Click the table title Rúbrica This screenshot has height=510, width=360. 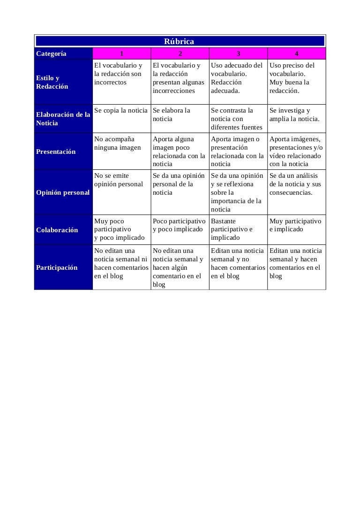click(x=179, y=42)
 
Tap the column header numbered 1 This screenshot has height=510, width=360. click(x=121, y=53)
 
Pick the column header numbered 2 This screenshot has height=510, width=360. click(x=180, y=53)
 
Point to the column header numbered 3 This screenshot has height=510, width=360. click(x=238, y=53)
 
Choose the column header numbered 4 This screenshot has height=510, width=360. click(x=296, y=53)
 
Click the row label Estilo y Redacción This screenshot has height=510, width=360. click(x=52, y=82)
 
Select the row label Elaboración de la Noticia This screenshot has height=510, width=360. click(x=63, y=119)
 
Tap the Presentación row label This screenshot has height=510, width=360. click(x=56, y=152)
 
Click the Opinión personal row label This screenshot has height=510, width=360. click(x=63, y=192)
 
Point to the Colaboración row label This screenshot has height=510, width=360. click(x=57, y=230)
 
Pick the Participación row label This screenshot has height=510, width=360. click(x=57, y=267)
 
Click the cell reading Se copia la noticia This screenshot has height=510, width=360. click(x=121, y=111)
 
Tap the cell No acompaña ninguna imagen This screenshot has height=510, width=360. click(x=118, y=143)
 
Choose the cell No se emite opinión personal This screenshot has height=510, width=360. click(x=119, y=180)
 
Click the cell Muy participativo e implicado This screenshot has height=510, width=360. click(x=295, y=225)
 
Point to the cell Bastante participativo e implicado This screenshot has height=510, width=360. click(x=232, y=229)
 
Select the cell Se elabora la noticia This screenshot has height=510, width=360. click(x=172, y=114)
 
